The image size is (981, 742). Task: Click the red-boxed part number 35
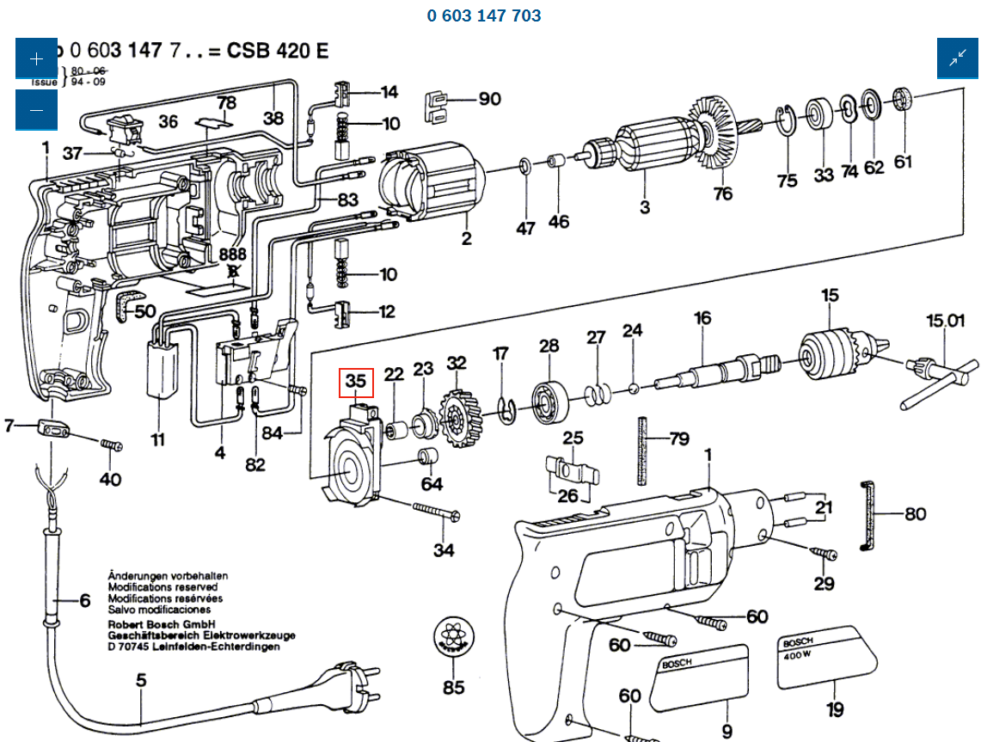pos(356,380)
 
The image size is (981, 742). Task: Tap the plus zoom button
pos(36,59)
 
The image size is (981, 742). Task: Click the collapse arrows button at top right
pos(958,58)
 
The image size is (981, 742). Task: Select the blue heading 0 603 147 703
pos(484,15)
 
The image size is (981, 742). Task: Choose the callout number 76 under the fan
pos(722,193)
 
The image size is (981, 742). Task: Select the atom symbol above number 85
pos(453,638)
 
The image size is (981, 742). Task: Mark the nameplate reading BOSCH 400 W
pos(827,657)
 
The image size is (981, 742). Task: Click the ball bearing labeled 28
pos(548,400)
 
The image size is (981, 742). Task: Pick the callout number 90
pos(489,99)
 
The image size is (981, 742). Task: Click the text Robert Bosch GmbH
pos(161,625)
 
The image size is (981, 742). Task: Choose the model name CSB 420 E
pos(278,51)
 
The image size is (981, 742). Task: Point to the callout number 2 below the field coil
pos(466,238)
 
